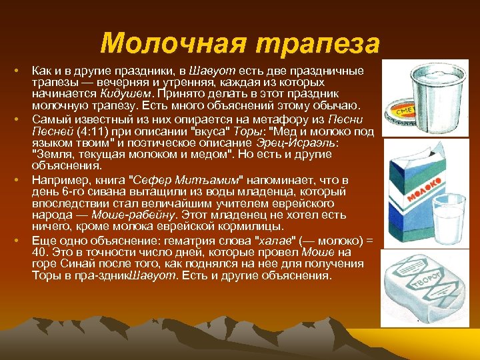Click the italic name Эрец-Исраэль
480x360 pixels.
pos(305,142)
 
